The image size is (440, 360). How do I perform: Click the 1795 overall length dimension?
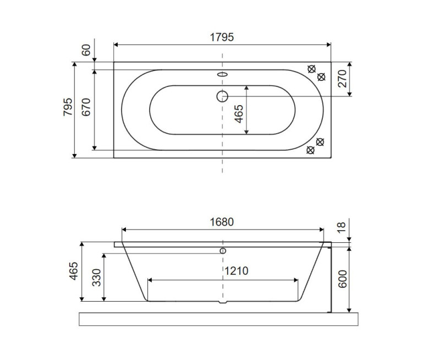point(222,37)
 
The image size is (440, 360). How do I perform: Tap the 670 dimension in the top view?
point(86,110)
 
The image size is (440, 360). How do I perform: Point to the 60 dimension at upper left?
point(85,50)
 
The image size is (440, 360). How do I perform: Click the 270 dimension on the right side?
point(342,79)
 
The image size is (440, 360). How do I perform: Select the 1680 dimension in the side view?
point(222,222)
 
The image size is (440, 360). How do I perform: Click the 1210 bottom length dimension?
point(236,271)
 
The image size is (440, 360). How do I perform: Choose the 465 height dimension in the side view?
point(73,271)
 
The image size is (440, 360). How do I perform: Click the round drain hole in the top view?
point(222,96)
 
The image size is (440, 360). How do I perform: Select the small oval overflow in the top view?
point(222,75)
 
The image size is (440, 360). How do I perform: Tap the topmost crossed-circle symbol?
point(312,69)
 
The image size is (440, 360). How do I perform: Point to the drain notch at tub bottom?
point(222,302)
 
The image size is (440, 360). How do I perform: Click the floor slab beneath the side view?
point(220,319)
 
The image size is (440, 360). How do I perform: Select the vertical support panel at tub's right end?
point(329,278)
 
